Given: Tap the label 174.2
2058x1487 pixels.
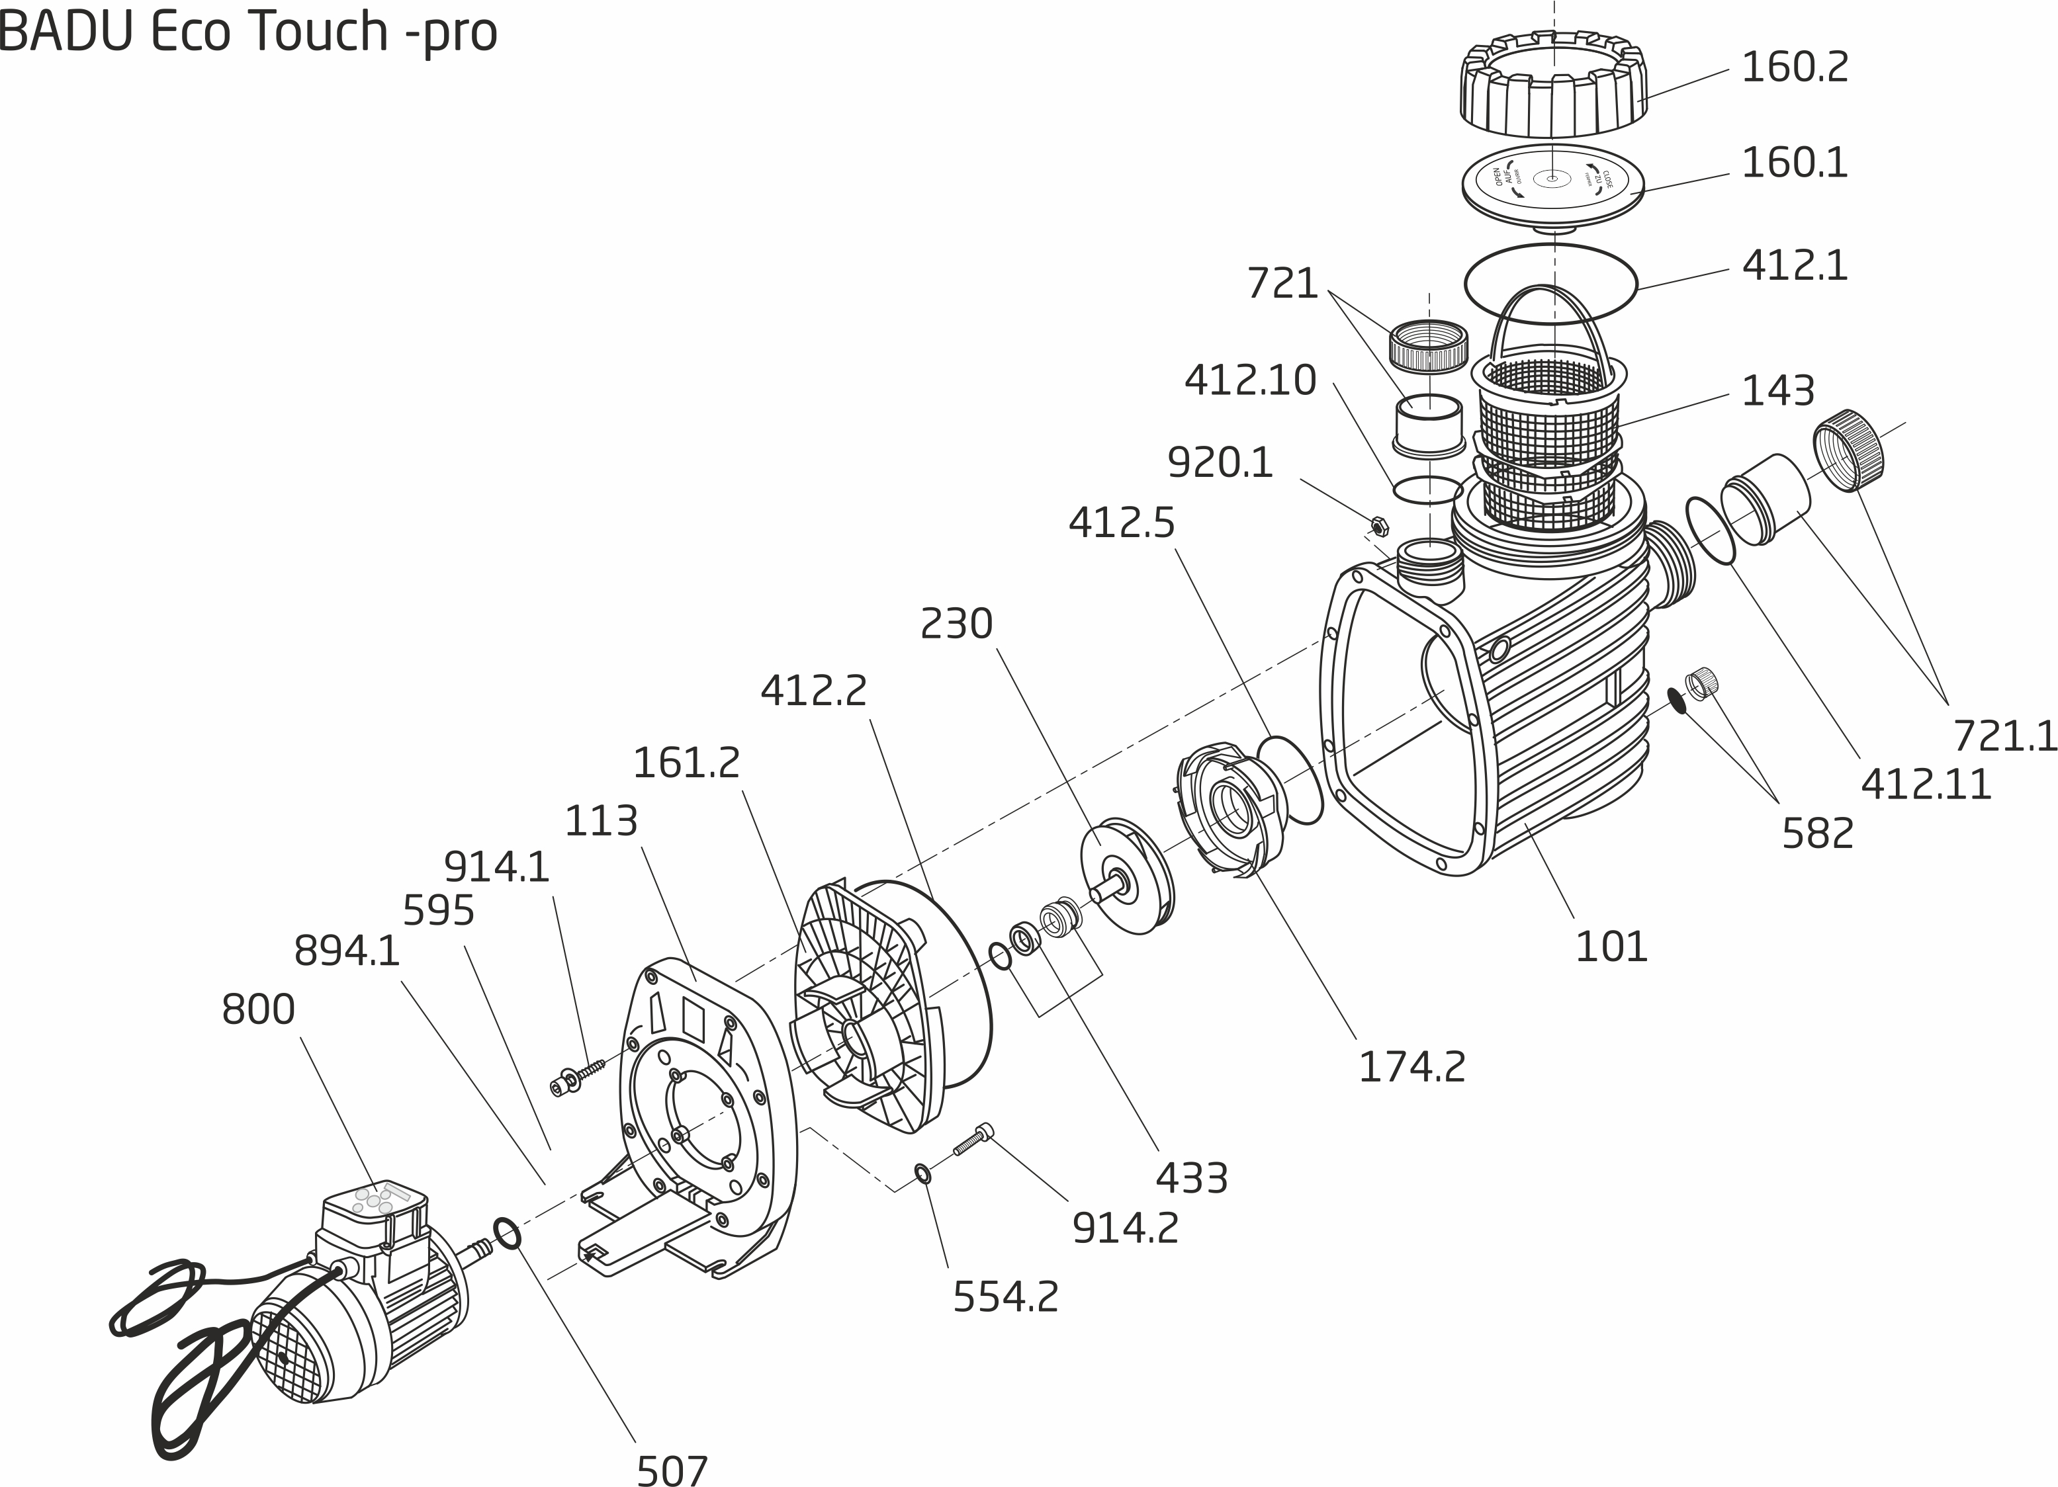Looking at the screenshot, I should pos(1411,1067).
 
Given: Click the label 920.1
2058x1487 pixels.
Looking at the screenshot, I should pos(1220,462).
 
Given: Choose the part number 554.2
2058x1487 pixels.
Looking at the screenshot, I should pos(1005,1296).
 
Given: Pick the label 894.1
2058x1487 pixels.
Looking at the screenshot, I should pos(347,952).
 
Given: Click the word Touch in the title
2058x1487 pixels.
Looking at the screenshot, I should pos(317,32).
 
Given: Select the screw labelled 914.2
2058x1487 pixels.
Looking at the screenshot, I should pos(973,1140).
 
